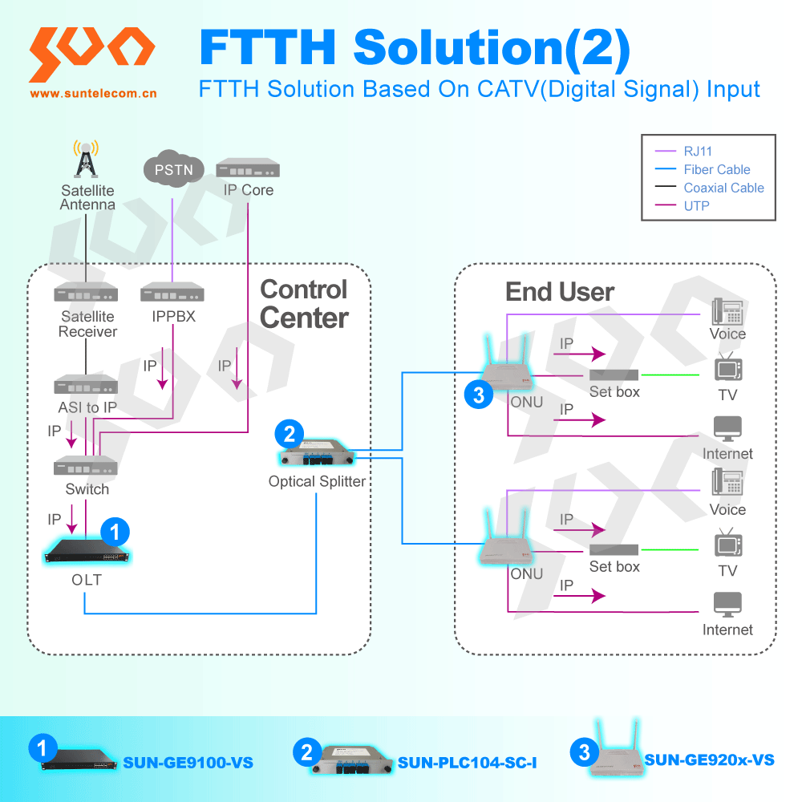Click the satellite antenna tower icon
click(85, 160)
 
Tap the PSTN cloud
click(172, 170)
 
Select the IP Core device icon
click(248, 169)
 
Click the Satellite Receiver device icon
click(86, 295)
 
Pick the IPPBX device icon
click(172, 295)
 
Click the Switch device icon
click(86, 466)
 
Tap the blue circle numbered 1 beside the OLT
click(114, 530)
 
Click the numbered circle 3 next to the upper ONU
click(479, 395)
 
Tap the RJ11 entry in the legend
click(698, 151)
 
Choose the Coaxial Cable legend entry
click(723, 188)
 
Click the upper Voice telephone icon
click(727, 310)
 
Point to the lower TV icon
click(727, 544)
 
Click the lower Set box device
click(614, 549)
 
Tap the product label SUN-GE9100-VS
click(188, 762)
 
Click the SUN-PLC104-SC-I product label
click(467, 762)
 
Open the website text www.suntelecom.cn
click(93, 93)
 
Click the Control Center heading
click(304, 304)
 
